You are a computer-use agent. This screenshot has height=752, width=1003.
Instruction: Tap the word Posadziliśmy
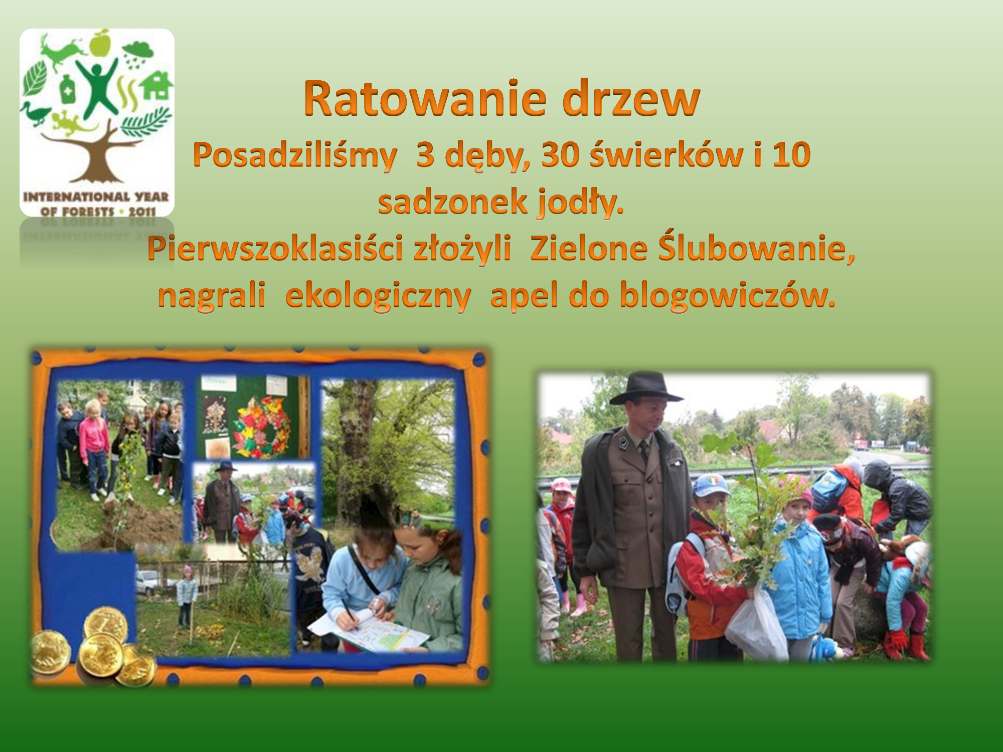point(295,155)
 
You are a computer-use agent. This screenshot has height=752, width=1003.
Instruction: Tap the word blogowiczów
point(728,294)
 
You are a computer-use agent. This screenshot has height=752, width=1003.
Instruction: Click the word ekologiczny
point(378,296)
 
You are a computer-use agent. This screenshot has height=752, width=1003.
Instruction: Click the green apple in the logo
point(100,43)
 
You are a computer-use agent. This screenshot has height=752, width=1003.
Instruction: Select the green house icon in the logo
point(156,85)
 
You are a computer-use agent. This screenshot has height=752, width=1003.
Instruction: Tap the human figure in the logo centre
point(99,88)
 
